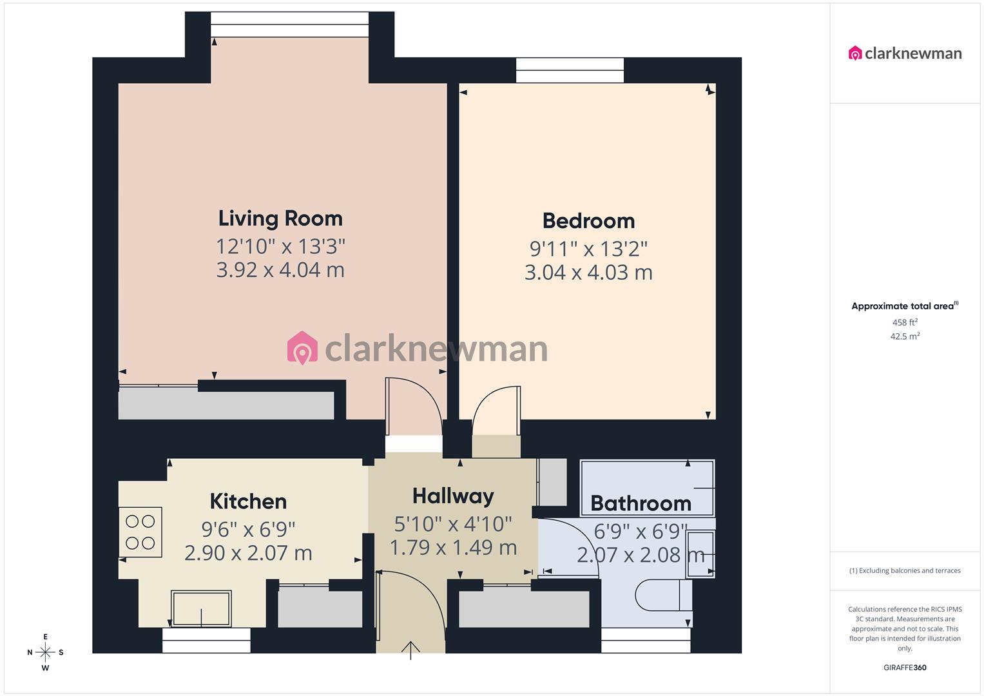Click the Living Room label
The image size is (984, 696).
click(x=280, y=218)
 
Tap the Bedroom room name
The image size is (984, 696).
click(x=588, y=221)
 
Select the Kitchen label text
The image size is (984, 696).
click(x=248, y=501)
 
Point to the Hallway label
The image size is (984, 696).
click(x=453, y=496)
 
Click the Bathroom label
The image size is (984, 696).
click(x=641, y=503)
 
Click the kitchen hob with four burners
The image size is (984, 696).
click(x=140, y=532)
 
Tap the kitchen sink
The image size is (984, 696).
click(x=201, y=608)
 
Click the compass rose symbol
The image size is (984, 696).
click(x=45, y=652)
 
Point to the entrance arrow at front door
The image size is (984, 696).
click(x=410, y=650)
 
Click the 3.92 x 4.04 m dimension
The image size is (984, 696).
click(x=280, y=269)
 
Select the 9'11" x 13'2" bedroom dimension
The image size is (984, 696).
click(x=588, y=249)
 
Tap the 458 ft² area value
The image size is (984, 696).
click(x=905, y=322)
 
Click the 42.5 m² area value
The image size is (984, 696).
click(x=905, y=336)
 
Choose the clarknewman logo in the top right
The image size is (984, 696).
click(x=905, y=53)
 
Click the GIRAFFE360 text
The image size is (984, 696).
click(x=905, y=668)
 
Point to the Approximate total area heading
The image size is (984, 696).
click(x=904, y=306)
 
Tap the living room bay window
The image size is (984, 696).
click(x=289, y=24)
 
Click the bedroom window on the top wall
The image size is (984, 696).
click(x=570, y=70)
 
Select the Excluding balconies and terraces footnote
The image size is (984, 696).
click(x=905, y=570)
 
